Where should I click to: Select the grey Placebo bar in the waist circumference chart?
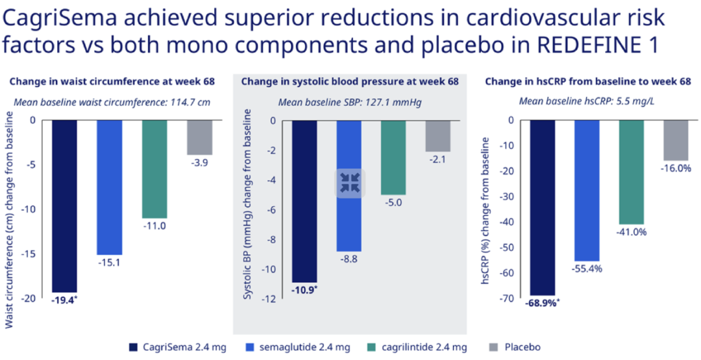(x=199, y=137)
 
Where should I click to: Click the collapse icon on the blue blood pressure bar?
(x=350, y=183)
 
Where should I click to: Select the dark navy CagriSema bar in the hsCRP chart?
(x=543, y=208)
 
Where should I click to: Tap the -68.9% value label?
(x=542, y=302)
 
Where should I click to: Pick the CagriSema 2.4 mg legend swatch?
(x=134, y=347)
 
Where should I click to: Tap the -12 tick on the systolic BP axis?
(x=268, y=299)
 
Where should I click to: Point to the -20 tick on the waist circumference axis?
(x=29, y=299)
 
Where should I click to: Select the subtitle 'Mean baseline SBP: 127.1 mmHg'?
(x=350, y=102)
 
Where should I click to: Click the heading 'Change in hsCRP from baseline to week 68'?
(x=588, y=81)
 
